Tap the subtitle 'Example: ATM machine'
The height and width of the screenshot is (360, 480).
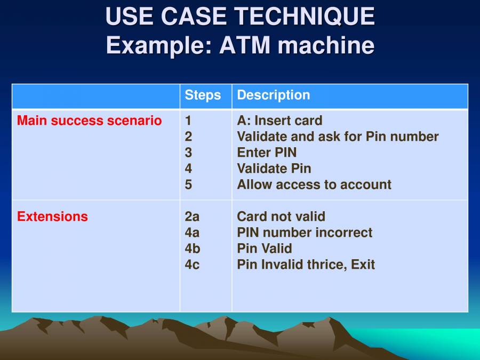[x=240, y=45]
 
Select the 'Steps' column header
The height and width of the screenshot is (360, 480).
[x=203, y=95]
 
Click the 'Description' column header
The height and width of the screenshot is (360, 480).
[x=273, y=95]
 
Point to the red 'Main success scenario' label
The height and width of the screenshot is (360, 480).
[x=89, y=121]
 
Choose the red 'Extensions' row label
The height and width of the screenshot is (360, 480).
[x=52, y=217]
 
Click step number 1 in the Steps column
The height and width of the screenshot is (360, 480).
[x=188, y=121]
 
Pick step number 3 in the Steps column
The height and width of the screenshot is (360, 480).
[x=188, y=153]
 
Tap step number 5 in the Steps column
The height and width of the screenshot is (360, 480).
[x=188, y=185]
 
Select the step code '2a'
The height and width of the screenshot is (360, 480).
[x=193, y=217]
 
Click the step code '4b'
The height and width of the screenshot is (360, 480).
[x=193, y=249]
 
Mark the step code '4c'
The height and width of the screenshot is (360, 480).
[x=193, y=265]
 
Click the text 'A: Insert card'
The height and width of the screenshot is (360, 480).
[x=279, y=121]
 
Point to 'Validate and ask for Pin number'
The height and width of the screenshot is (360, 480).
[x=338, y=137]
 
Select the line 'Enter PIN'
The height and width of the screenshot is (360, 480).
[x=267, y=153]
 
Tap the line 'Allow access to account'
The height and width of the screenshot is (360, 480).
[x=314, y=185]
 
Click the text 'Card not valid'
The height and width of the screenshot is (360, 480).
[x=281, y=217]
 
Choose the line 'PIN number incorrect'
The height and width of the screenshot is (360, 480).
[x=305, y=233]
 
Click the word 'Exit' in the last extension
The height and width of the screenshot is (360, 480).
[x=363, y=265]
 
